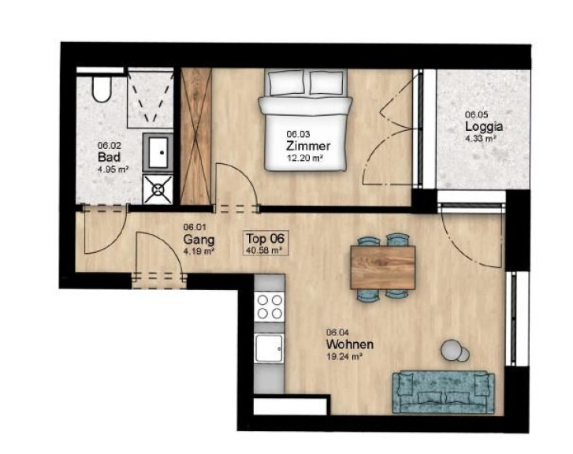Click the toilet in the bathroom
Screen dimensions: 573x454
pos(101,88)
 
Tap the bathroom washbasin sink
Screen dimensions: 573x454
pos(158,152)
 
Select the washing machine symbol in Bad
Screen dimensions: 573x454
pos(158,189)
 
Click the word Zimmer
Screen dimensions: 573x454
pos(308,146)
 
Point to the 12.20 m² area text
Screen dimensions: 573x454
pos(306,158)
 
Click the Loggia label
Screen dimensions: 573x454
pos(484,126)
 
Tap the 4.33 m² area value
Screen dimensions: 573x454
pos(481,139)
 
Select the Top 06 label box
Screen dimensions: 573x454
pos(266,243)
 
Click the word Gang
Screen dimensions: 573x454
pos(199,240)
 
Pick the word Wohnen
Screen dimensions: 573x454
pos(350,344)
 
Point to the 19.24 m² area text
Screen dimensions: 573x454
pos(344,357)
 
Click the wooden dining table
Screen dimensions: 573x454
pos(382,267)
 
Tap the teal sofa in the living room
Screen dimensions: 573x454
pos(444,393)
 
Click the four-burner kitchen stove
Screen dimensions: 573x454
pos(270,307)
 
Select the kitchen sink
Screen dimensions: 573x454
pos(270,348)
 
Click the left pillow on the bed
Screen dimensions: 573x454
pos(287,82)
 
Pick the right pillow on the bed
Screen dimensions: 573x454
pos(326,82)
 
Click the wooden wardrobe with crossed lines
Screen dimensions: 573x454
pos(196,136)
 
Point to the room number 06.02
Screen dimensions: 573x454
pos(109,145)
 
